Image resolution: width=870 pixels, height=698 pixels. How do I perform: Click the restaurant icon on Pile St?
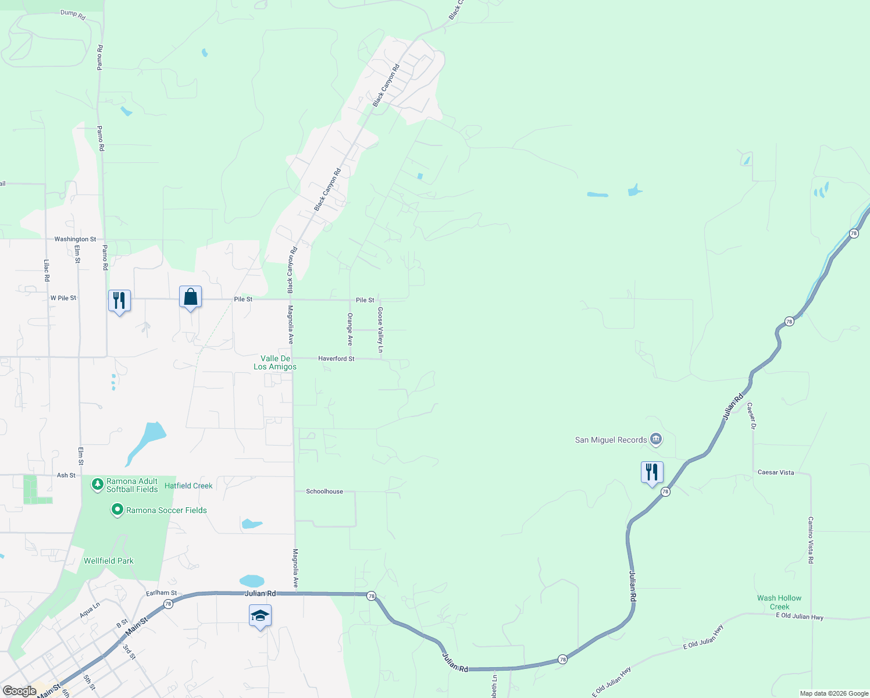coord(119,301)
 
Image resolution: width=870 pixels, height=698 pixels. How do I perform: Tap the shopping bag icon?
coord(190,297)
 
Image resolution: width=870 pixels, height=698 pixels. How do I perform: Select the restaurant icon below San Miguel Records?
coord(652,472)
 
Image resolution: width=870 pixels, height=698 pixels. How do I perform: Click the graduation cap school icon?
coord(260,616)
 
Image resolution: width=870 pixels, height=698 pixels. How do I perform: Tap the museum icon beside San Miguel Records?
coord(656,439)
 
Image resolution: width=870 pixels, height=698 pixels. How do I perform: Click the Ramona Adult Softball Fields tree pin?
coord(98,485)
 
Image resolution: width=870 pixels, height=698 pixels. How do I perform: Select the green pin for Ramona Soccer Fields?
coord(117,510)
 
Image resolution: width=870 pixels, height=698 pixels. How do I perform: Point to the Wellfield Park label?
coord(109,561)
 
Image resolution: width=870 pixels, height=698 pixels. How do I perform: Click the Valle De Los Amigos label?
coord(275,362)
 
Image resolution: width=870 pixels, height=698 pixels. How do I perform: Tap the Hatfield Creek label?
coord(188,486)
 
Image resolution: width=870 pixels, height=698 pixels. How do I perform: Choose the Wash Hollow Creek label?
coord(779,602)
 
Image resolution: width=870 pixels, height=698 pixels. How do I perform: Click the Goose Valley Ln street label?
coord(380,330)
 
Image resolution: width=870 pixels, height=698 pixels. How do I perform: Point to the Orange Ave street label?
coord(350,329)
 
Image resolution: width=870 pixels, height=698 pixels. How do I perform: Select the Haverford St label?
coord(336,359)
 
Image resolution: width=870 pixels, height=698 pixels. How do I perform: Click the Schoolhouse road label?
coord(325,492)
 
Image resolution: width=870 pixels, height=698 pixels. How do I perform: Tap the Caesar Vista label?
coord(776,472)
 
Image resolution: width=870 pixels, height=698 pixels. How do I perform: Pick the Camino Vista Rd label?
coord(811,540)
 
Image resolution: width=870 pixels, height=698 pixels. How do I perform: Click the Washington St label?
coord(75,239)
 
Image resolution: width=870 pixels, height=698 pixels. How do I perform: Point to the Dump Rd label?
coord(73,15)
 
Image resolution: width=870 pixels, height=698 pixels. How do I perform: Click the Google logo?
coord(19,691)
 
